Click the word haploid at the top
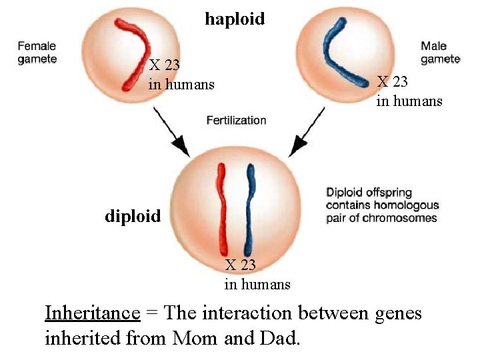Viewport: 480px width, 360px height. click(235, 19)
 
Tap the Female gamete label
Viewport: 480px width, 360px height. click(37, 53)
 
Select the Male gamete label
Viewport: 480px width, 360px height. click(440, 53)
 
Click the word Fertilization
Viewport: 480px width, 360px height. click(236, 121)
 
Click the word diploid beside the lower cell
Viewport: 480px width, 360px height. click(133, 216)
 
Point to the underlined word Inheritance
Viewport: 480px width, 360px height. click(92, 313)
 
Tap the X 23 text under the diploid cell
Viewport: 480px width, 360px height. click(241, 265)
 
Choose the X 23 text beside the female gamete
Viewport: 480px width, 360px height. click(164, 65)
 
